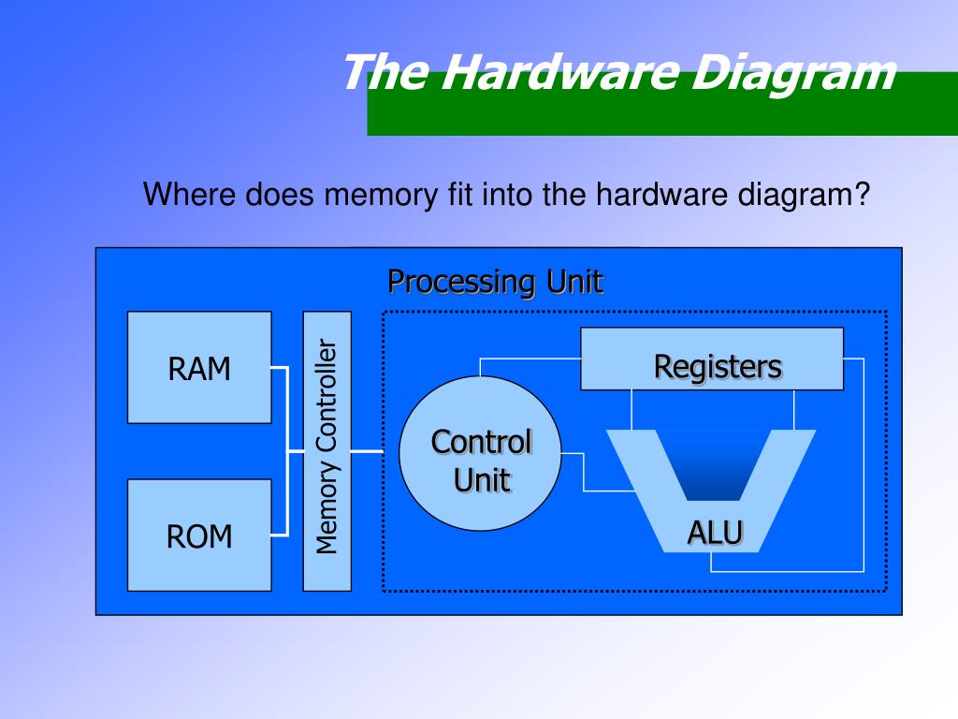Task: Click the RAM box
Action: [199, 367]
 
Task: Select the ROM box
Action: [199, 536]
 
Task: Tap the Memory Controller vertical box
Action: [327, 450]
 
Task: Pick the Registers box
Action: [711, 359]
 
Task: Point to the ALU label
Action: [716, 532]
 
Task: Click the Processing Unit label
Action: [496, 281]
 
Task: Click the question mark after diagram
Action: [863, 197]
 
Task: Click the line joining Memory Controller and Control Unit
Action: [368, 451]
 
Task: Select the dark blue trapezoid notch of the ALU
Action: [714, 463]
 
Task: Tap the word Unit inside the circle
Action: [482, 481]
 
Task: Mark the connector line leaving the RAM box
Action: [279, 369]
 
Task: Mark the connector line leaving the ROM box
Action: [279, 535]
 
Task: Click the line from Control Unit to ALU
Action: [585, 473]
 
